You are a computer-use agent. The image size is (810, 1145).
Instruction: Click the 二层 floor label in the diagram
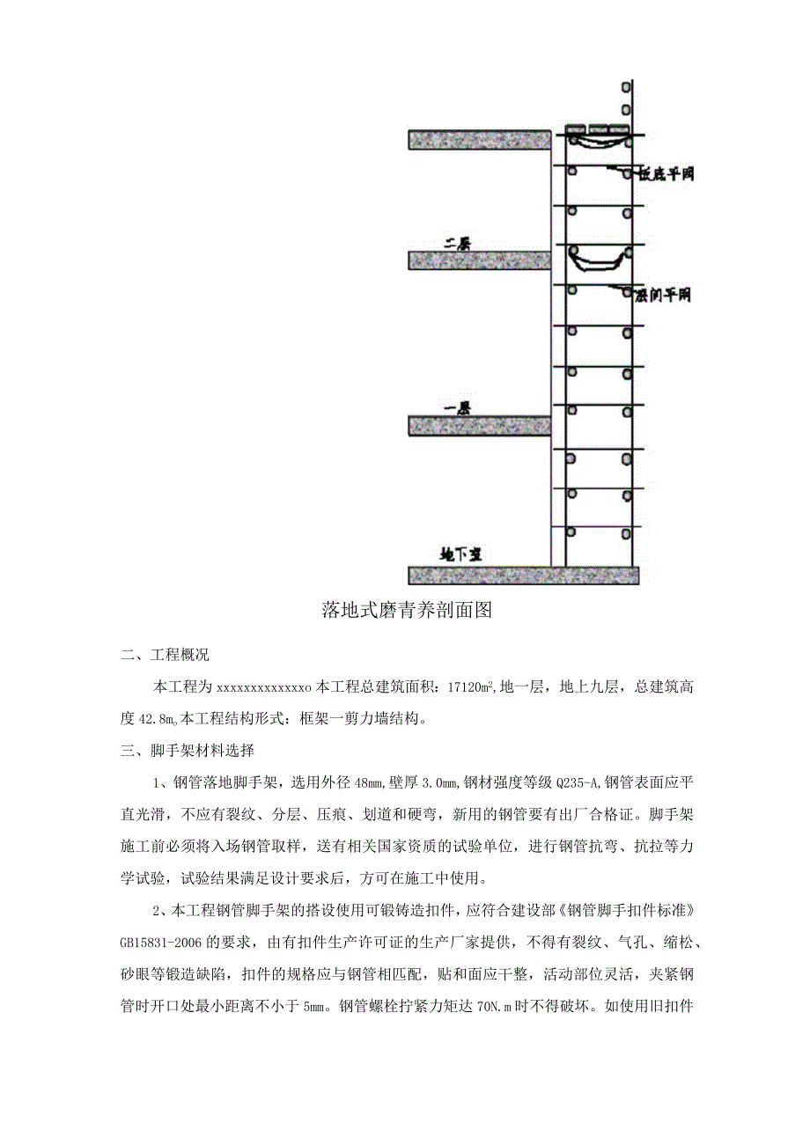coord(457,245)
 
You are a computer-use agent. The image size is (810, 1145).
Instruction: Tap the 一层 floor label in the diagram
coord(457,408)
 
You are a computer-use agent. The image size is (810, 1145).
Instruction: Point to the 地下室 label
coord(460,554)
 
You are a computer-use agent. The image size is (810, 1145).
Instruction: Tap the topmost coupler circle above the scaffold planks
coord(626,88)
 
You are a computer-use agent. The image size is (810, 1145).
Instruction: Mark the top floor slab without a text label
coord(480,139)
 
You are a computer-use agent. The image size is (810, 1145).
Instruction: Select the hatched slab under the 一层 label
coord(480,426)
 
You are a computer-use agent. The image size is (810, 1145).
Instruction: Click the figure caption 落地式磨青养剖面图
coord(406,610)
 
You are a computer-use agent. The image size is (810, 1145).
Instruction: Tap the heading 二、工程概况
coord(166,656)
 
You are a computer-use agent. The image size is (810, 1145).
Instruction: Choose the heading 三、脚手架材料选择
coord(188,752)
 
